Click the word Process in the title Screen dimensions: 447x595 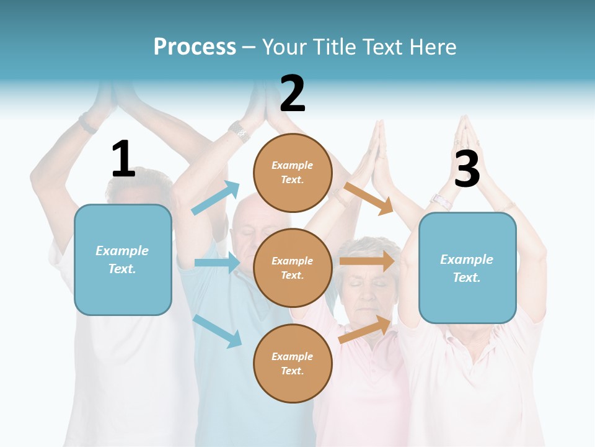(x=195, y=47)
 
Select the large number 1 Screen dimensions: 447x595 (x=123, y=159)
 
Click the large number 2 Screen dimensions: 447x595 (x=293, y=94)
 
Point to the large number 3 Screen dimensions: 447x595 (x=467, y=168)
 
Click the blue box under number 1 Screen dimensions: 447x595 (x=123, y=260)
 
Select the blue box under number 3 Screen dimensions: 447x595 (x=467, y=268)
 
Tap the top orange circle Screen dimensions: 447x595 (x=293, y=173)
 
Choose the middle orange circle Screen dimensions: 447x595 (x=293, y=268)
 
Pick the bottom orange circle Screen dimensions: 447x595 (x=293, y=363)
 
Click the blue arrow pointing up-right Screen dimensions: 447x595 (x=215, y=198)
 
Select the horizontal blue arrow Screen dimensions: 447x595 (x=217, y=263)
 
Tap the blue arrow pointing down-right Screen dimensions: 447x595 (x=217, y=330)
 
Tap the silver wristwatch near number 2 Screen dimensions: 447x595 (x=239, y=131)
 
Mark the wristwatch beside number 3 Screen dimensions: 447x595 (x=441, y=201)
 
